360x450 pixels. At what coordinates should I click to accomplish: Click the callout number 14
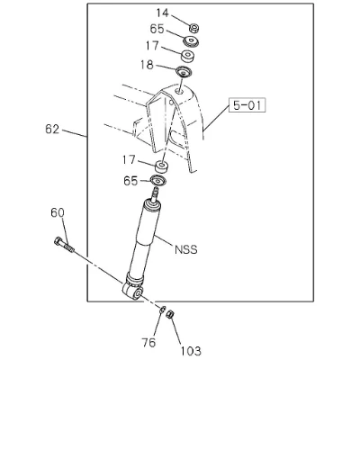(x=163, y=13)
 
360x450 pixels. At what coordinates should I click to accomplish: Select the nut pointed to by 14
(x=194, y=28)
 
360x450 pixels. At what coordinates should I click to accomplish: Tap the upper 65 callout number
(x=157, y=29)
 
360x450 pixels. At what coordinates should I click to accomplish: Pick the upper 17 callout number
(x=152, y=46)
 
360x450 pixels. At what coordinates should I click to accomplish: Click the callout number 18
(x=147, y=65)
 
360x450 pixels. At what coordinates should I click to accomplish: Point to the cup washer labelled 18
(x=184, y=72)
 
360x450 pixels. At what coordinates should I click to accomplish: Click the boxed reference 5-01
(x=247, y=105)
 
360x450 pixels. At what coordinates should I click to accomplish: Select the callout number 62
(x=52, y=130)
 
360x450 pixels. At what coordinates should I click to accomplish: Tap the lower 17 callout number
(x=129, y=160)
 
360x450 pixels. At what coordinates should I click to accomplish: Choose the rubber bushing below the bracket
(x=162, y=166)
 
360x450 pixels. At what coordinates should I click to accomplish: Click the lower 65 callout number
(x=130, y=181)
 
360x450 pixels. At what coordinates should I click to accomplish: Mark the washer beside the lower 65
(x=158, y=181)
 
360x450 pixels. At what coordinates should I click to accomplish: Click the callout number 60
(x=58, y=212)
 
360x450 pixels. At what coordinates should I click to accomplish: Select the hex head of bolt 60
(x=58, y=241)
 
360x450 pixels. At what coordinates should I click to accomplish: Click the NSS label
(x=186, y=249)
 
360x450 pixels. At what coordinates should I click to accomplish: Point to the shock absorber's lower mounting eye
(x=132, y=291)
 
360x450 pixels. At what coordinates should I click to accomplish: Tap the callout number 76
(x=149, y=343)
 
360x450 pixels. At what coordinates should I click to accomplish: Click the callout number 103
(x=191, y=351)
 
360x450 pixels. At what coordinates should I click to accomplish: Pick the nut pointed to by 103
(x=170, y=314)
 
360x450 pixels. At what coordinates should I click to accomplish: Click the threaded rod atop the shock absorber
(x=156, y=194)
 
